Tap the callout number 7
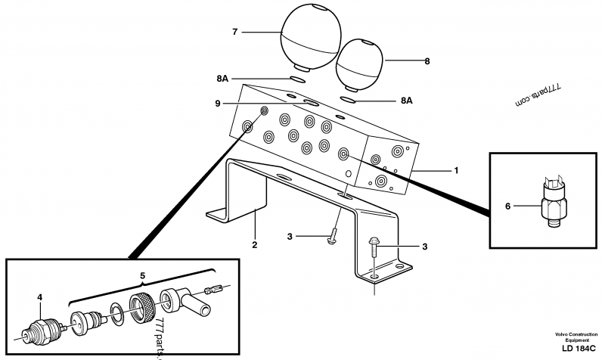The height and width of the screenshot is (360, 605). pyautogui.click(x=234, y=32)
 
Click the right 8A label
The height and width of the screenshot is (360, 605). pyautogui.click(x=407, y=100)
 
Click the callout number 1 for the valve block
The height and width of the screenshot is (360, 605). pyautogui.click(x=455, y=170)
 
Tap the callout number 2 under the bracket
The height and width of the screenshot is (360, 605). pyautogui.click(x=254, y=245)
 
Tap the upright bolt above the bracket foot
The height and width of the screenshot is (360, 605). pyautogui.click(x=375, y=250)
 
